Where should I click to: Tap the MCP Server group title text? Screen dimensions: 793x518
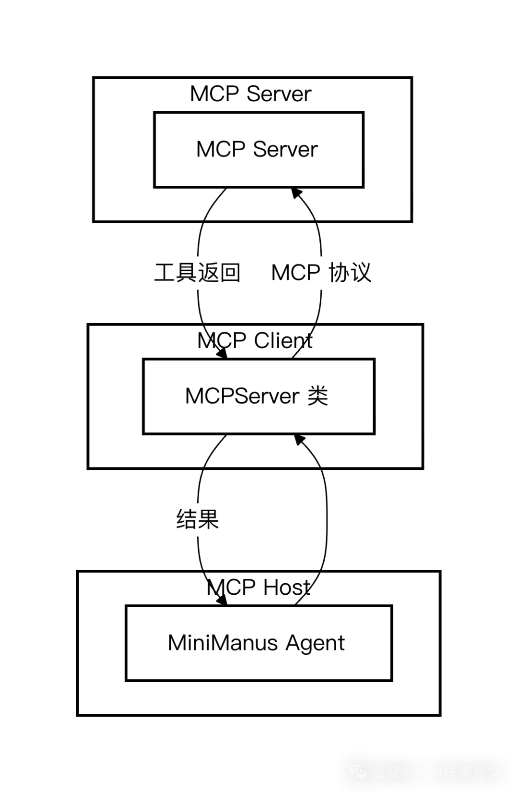pyautogui.click(x=250, y=94)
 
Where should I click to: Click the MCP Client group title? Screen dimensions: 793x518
pyautogui.click(x=255, y=341)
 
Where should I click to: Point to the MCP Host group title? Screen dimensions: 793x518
pyautogui.click(x=259, y=588)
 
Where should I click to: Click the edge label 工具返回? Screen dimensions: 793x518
pyautogui.click(x=198, y=273)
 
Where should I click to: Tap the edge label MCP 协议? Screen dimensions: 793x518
pyautogui.click(x=321, y=273)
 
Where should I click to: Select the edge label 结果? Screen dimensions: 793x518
pyautogui.click(x=198, y=519)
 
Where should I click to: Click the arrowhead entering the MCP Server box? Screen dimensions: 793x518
pyautogui.click(x=297, y=193)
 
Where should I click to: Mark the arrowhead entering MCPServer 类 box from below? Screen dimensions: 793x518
pyautogui.click(x=300, y=440)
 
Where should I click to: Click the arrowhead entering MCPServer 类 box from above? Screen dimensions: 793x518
pyautogui.click(x=222, y=354)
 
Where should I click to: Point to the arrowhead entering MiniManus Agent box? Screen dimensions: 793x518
pyautogui.click(x=222, y=600)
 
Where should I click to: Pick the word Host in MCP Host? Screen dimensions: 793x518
pyautogui.click(x=287, y=588)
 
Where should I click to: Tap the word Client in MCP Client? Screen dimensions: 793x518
pyautogui.click(x=283, y=341)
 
